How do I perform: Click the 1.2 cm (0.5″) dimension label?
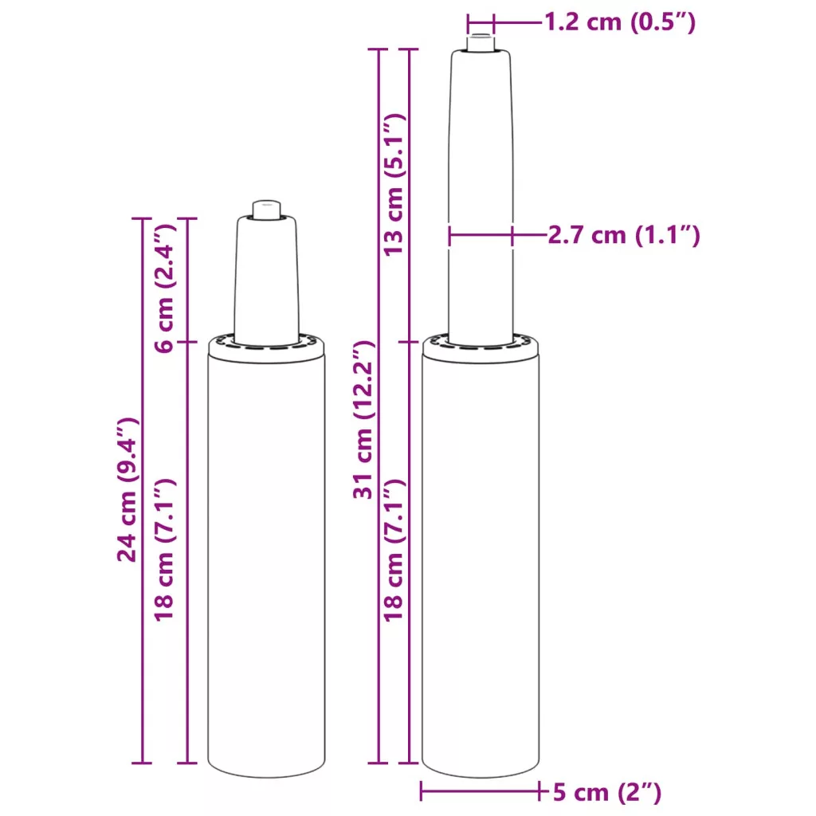pos(620,22)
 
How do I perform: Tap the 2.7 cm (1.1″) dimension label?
pos(624,235)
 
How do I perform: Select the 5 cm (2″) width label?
pos(606,792)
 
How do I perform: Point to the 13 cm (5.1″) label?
pos(394,184)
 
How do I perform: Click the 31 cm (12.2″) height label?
pos(363,420)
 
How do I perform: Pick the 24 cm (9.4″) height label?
pos(127,490)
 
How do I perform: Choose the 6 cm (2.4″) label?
pos(165,288)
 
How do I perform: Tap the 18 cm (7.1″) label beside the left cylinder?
pos(165,550)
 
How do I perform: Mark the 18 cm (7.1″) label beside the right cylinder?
pos(394,550)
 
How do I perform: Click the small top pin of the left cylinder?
pos(267,210)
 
